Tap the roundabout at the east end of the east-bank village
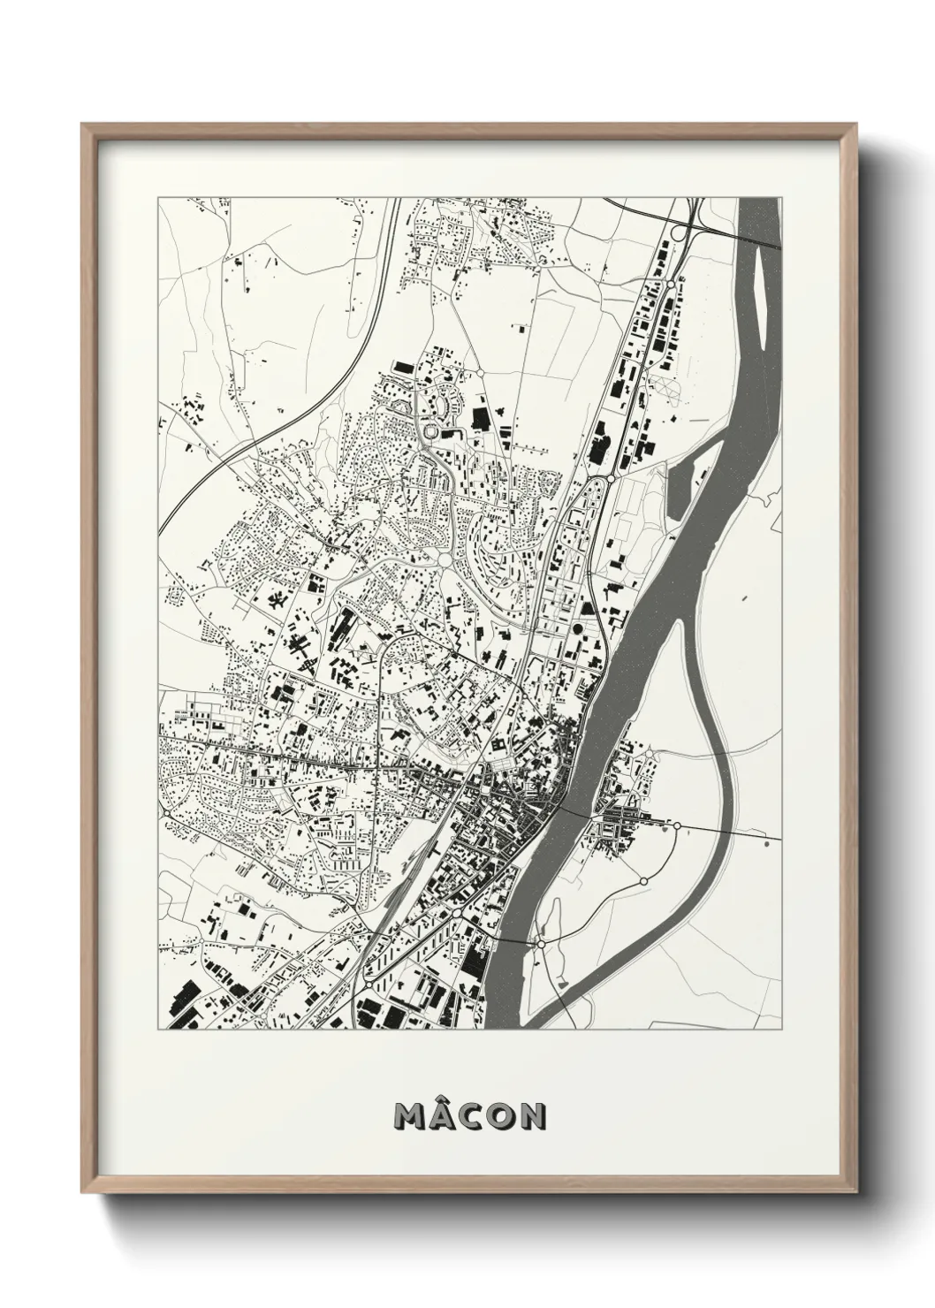click(676, 825)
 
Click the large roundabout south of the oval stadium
click(443, 559)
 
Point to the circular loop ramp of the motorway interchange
click(678, 232)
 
